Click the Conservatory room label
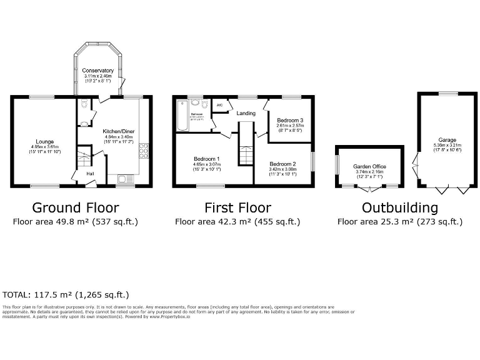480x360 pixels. point(97,71)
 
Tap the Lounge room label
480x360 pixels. point(45,142)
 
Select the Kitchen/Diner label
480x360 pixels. point(119,131)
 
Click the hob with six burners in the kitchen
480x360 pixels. point(144,151)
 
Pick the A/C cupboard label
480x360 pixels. point(219,105)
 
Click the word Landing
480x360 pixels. point(246,113)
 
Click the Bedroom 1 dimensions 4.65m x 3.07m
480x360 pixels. point(206,164)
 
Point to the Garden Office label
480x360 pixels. point(369,167)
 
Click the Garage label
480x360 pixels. point(447,141)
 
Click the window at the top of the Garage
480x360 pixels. point(447,94)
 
